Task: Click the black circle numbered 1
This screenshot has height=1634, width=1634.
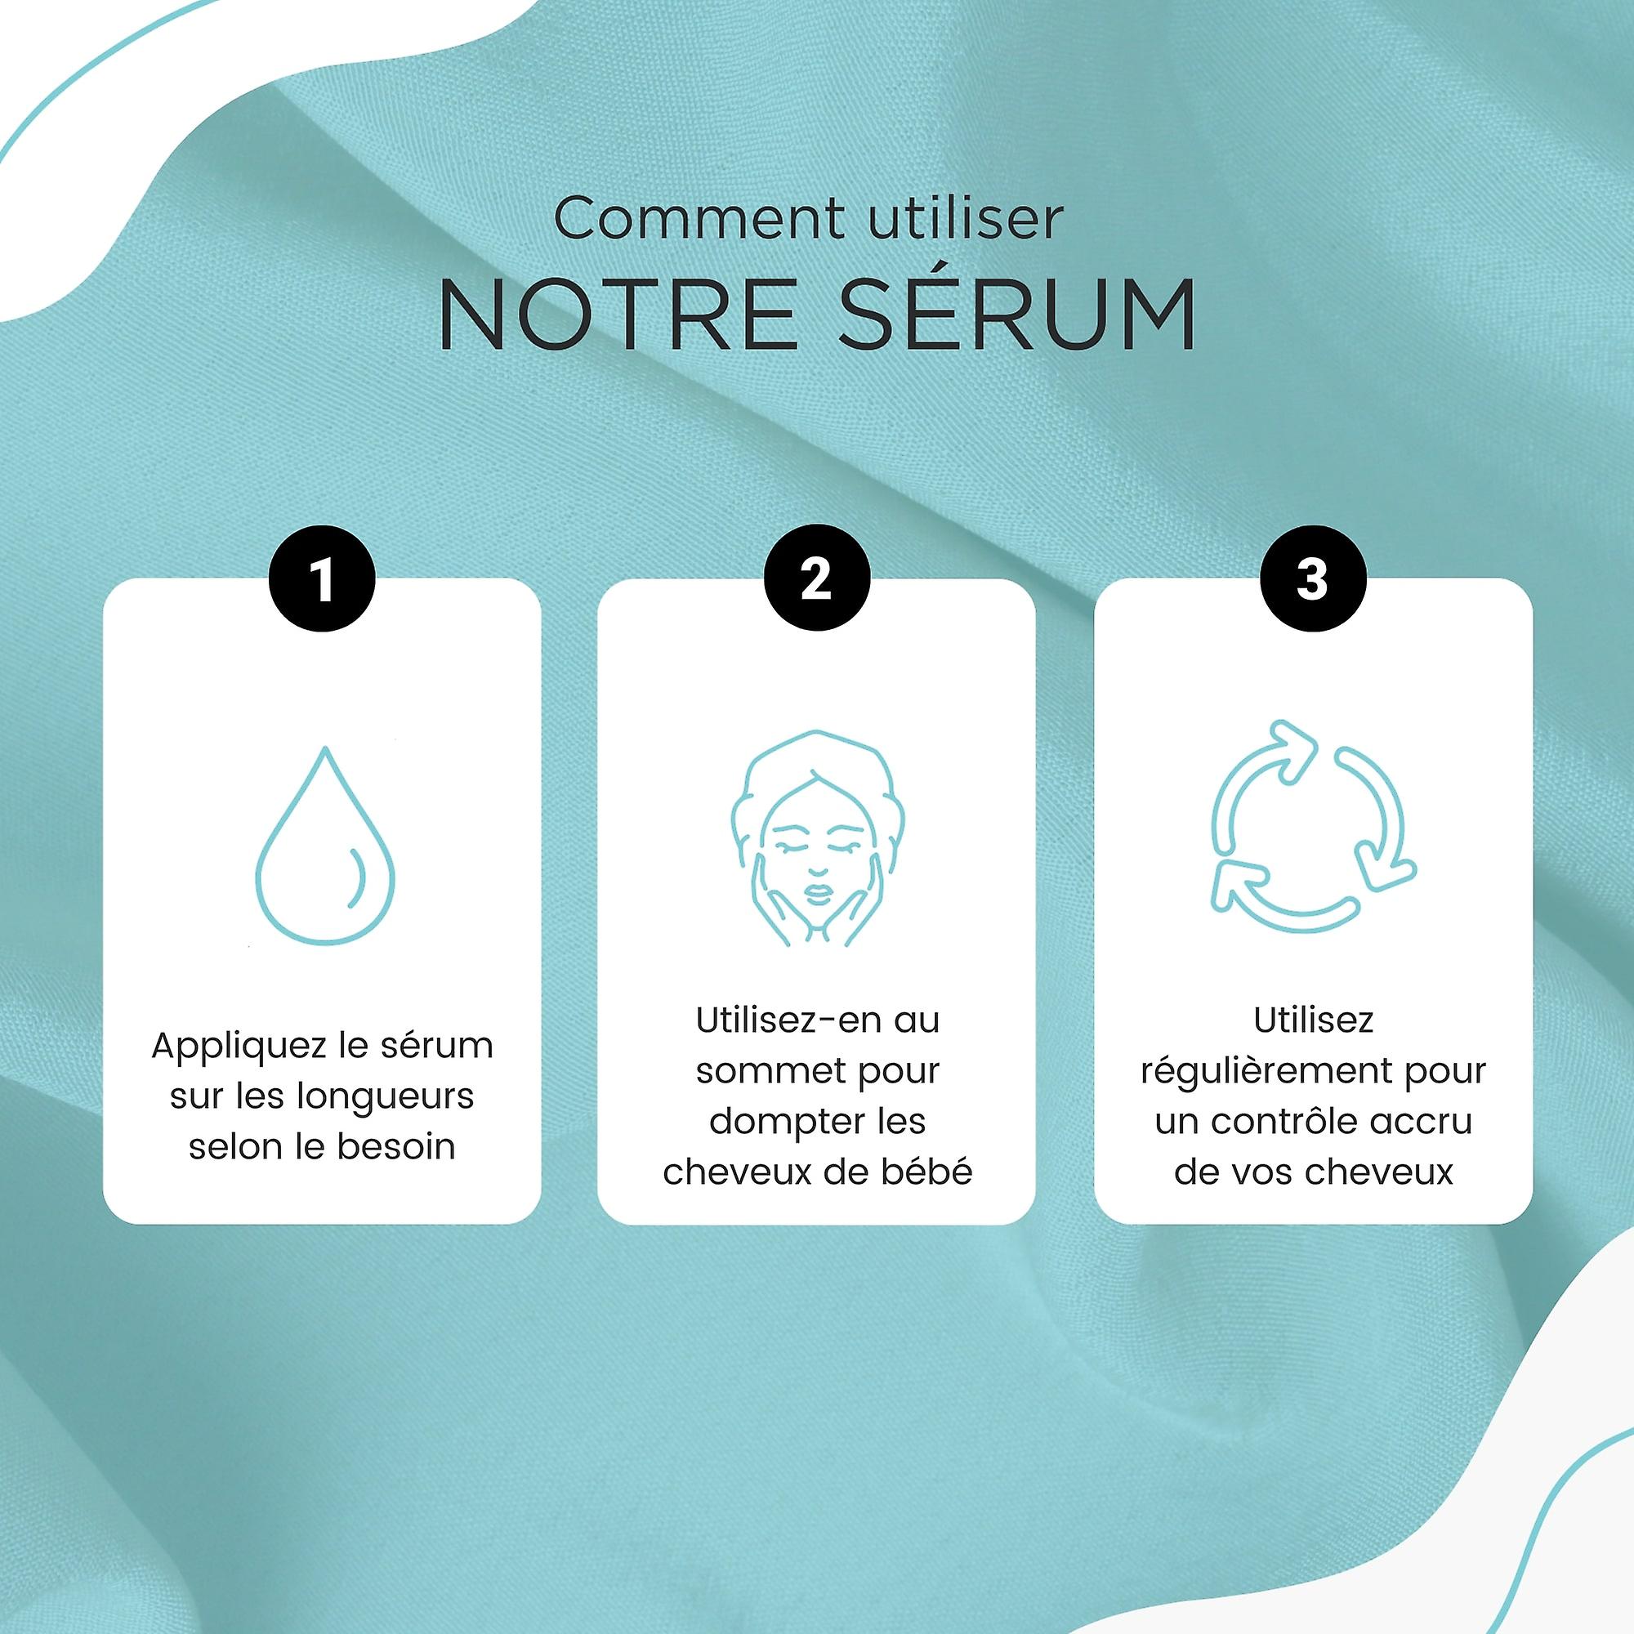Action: click(x=322, y=579)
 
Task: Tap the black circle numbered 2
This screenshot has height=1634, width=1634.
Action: click(x=816, y=578)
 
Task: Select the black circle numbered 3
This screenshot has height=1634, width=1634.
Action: click(x=1313, y=578)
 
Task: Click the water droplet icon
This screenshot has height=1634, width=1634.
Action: click(x=325, y=845)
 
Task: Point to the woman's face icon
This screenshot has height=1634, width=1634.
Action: click(x=817, y=838)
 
